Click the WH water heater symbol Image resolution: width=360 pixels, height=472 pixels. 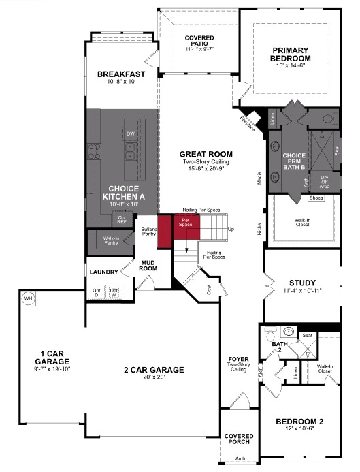[28, 298]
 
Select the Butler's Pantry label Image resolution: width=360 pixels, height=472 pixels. [149, 232]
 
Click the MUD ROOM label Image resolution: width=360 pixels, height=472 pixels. [149, 265]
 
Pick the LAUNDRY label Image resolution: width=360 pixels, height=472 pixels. [103, 272]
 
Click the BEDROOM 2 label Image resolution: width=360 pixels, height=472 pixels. [300, 422]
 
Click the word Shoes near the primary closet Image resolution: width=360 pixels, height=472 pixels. [315, 198]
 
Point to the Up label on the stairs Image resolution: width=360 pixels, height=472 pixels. [231, 229]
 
